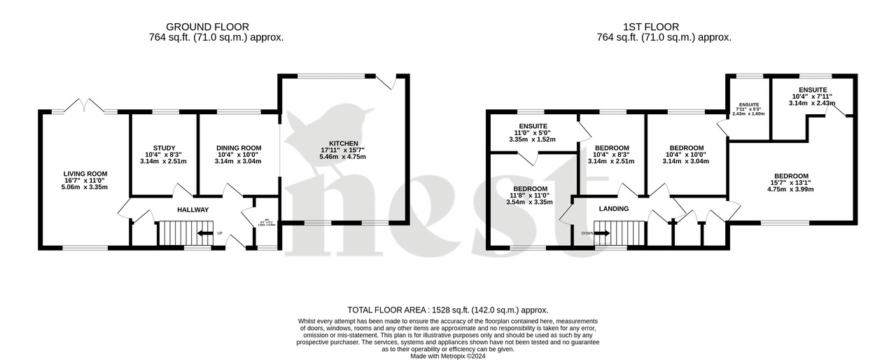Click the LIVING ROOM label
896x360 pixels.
(x=85, y=174)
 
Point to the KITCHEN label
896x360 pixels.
(x=342, y=143)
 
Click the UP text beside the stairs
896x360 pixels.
(x=219, y=233)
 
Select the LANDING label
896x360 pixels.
(x=614, y=209)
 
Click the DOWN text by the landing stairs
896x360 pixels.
(x=587, y=233)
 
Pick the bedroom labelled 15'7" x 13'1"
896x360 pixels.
(x=791, y=176)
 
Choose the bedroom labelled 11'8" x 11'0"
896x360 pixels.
(x=530, y=189)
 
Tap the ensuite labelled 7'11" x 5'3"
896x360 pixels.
(x=748, y=105)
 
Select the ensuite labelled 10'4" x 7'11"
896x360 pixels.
(x=811, y=90)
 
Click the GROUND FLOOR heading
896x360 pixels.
(x=216, y=27)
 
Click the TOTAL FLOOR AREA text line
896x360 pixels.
(x=448, y=310)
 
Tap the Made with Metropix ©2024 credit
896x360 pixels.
(x=448, y=356)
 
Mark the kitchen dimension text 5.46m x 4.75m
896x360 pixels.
(x=342, y=156)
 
